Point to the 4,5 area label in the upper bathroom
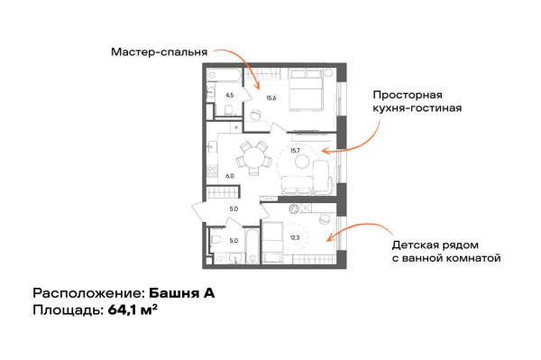pyautogui.click(x=230, y=94)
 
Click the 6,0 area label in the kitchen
pyautogui.click(x=230, y=176)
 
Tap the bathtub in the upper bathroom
pyautogui.click(x=229, y=75)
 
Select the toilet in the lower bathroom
pyautogui.click(x=217, y=242)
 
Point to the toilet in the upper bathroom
pyautogui.click(x=230, y=110)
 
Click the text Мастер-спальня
pyautogui.click(x=159, y=51)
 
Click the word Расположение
pyautogui.click(x=87, y=293)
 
